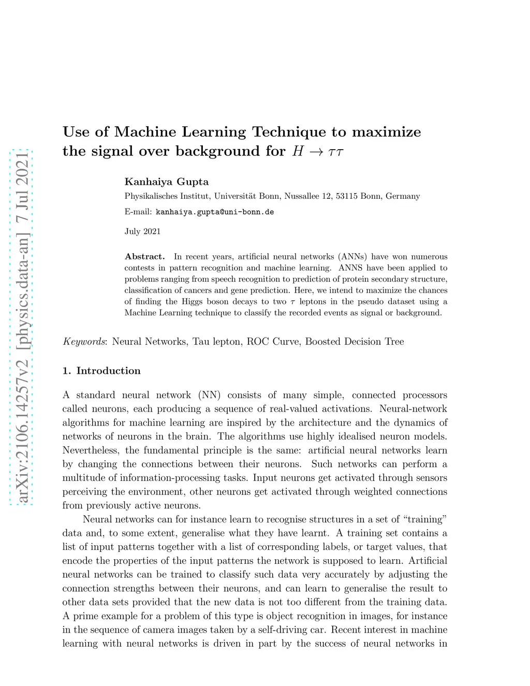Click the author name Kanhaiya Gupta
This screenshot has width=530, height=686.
[166, 182]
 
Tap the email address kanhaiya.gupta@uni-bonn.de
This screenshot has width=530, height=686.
[214, 212]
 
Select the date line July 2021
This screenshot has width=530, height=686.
[142, 231]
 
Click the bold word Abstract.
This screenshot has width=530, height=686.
[144, 256]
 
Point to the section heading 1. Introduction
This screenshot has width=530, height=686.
[101, 371]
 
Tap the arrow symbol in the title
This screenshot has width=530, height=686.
[315, 152]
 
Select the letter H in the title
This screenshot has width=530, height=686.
[298, 151]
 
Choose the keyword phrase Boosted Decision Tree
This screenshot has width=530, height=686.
[354, 342]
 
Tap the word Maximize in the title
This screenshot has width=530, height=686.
[386, 132]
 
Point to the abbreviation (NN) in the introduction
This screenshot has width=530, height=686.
[209, 395]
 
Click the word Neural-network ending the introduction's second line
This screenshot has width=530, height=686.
[413, 409]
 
